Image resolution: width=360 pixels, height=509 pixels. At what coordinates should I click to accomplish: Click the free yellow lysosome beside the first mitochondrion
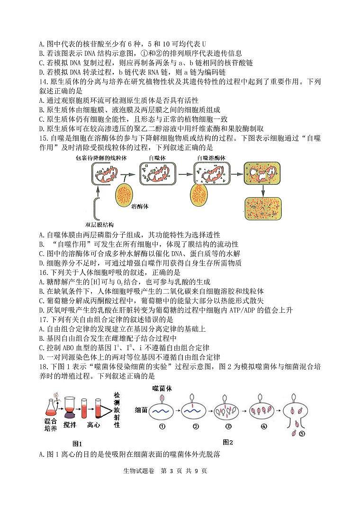click(x=127, y=192)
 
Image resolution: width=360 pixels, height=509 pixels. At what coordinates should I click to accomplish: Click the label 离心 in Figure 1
click(x=93, y=425)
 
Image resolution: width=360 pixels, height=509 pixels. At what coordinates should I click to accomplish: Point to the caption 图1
click(x=77, y=444)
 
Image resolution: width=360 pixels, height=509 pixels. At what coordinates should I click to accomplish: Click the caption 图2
click(x=228, y=442)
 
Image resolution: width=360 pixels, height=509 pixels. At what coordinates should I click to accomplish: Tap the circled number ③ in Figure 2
click(x=228, y=426)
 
